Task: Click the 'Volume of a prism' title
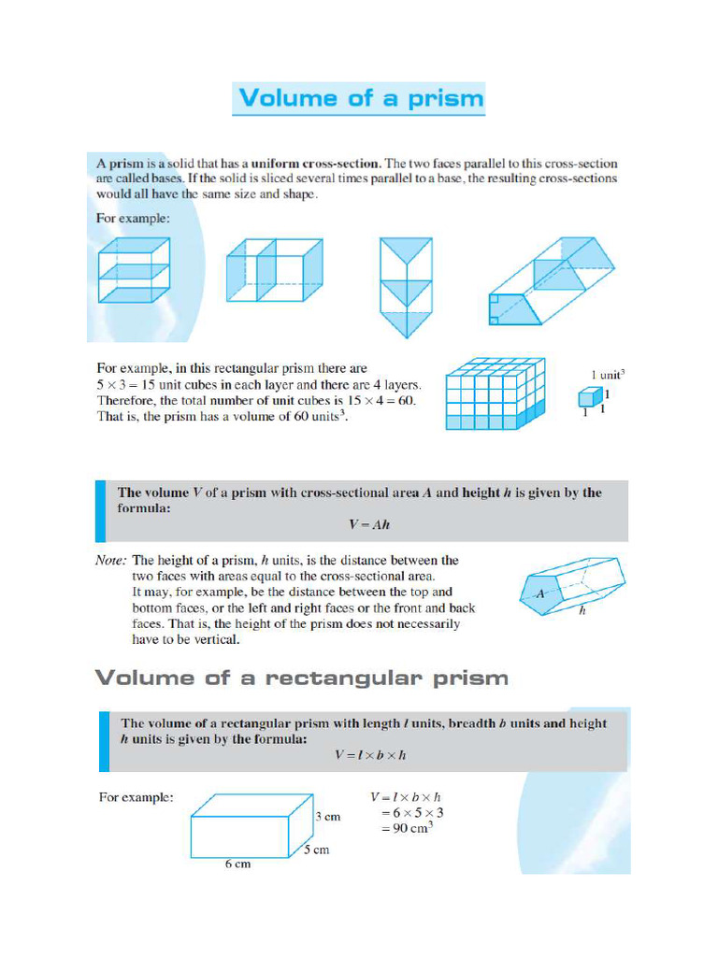[x=359, y=99]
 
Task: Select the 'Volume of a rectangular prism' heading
[x=302, y=678]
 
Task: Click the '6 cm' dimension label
[x=237, y=864]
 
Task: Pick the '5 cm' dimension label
[x=316, y=850]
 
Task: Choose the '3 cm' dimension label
[x=328, y=816]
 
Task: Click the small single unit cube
[x=587, y=397]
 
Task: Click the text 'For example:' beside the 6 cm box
[x=135, y=797]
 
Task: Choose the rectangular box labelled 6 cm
[x=251, y=826]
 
